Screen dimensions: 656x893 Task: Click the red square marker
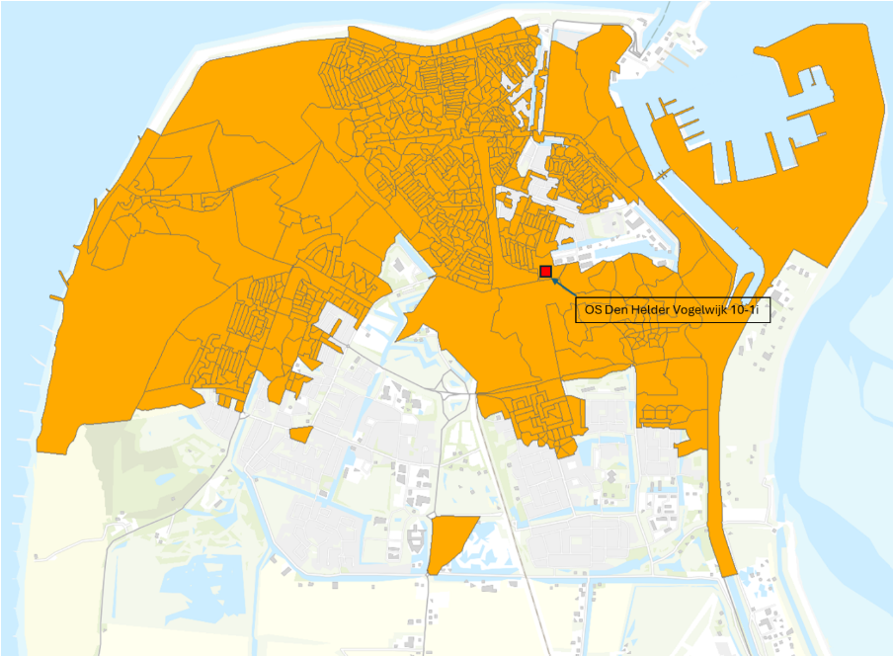pyautogui.click(x=545, y=271)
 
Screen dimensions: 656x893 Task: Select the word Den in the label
pyautogui.click(x=615, y=309)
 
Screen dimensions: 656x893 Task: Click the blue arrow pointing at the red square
pyautogui.click(x=562, y=287)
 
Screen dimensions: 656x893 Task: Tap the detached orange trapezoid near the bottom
pyautogui.click(x=449, y=539)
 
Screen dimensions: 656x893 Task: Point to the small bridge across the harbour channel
pyautogui.click(x=661, y=173)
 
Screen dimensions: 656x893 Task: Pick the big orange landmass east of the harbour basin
pyautogui.click(x=830, y=148)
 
